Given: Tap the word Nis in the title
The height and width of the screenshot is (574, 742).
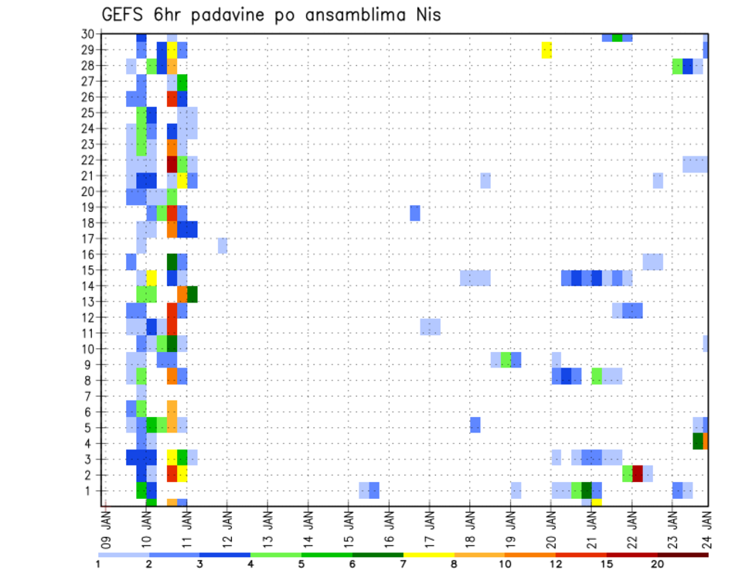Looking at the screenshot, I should coord(426,15).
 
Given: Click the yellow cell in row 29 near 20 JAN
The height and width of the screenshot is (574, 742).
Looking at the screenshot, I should coord(546,50).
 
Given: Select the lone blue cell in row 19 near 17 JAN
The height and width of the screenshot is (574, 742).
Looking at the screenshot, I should coord(415,213).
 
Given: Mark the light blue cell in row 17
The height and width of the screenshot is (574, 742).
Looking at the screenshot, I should coord(223,245).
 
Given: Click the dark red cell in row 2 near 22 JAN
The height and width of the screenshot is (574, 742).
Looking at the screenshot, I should coord(638,473).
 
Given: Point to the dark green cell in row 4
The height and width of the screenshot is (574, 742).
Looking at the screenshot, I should coord(698,441).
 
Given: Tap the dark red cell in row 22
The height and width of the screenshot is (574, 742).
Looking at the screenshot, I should coord(172,164).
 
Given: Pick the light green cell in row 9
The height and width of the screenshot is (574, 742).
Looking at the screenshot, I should coord(505,360).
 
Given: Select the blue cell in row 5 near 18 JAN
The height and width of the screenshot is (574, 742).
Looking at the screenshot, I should coord(475,425).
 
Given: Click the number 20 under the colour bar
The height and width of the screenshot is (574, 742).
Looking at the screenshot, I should coord(657,565).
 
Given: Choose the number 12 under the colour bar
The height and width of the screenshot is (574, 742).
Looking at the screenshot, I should coord(556,565).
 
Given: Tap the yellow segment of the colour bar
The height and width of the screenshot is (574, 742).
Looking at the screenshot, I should coord(429,555).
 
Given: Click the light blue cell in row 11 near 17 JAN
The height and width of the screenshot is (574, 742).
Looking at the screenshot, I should coord(431,326).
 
